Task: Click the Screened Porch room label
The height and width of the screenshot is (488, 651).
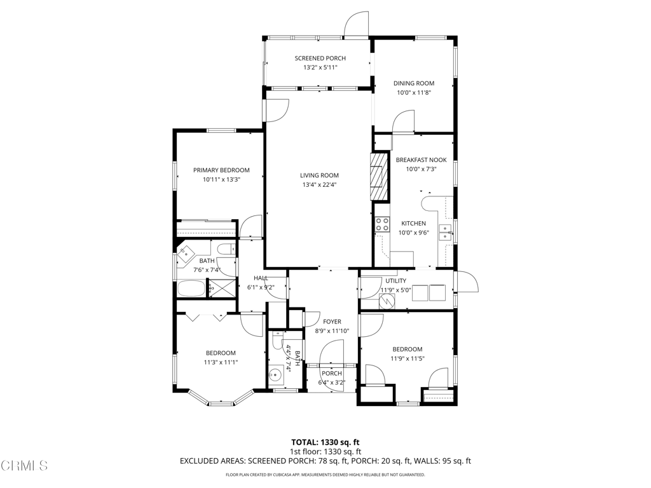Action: pos(320,58)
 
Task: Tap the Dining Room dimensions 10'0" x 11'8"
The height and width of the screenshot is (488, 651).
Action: pos(414,93)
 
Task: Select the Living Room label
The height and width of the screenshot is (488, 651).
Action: pos(319,175)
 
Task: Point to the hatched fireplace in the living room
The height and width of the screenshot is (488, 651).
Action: pos(380,177)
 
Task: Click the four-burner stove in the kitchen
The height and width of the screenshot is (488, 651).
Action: pos(382,224)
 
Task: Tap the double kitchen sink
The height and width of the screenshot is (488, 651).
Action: pos(446,233)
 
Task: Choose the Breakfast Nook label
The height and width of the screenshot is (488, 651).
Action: pos(421,159)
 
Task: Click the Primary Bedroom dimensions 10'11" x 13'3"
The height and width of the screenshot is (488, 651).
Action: pos(222,180)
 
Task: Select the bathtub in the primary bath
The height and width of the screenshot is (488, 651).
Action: pos(191,288)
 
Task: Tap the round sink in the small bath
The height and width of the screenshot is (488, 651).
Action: pos(275,375)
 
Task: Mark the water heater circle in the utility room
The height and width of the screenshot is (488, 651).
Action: pos(387,301)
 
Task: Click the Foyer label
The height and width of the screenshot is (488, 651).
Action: pos(332,322)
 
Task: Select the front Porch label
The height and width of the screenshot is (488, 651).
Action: pos(332,374)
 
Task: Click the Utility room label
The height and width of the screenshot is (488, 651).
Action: pos(395,281)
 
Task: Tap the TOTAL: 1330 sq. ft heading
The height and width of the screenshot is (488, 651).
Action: pos(325,442)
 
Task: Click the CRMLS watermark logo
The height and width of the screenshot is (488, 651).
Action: pos(24,465)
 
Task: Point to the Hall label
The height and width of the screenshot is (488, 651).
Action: pos(261,278)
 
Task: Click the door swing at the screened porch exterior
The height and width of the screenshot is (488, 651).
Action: pos(356,24)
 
